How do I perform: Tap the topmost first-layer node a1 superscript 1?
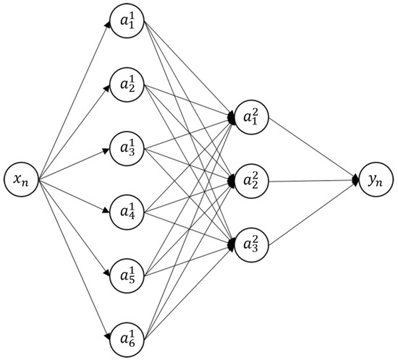point(128,23)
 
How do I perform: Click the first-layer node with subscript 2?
point(128,86)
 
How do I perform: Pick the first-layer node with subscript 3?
point(128,148)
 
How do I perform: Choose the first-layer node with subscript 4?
point(128,211)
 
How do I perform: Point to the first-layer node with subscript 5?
point(128,274)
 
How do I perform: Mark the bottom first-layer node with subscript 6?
point(128,337)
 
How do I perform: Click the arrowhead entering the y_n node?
point(356,179)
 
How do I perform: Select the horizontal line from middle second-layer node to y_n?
point(311,179)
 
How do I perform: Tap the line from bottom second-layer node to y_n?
point(311,212)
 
